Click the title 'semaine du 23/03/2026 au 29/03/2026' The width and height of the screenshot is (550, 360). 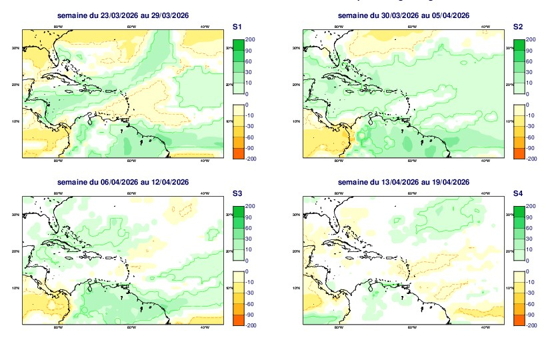point(123,15)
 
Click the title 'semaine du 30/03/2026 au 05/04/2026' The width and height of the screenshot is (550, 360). point(403,15)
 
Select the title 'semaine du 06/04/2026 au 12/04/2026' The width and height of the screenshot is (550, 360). point(123,183)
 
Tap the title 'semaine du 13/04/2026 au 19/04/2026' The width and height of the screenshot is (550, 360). point(403,183)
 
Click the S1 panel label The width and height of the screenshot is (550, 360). point(237,27)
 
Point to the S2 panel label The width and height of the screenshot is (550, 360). point(518,27)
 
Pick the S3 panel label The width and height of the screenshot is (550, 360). point(237,193)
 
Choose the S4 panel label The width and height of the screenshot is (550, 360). point(518,193)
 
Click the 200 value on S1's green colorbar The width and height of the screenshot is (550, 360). point(251,39)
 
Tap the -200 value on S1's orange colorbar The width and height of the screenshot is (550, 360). point(251,159)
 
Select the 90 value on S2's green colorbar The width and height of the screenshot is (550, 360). point(531,50)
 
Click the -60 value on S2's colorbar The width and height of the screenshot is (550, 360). point(531,137)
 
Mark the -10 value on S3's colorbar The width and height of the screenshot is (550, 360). point(251,282)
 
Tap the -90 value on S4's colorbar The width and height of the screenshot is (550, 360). point(531,315)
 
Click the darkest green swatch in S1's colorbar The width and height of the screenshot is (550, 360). point(237,45)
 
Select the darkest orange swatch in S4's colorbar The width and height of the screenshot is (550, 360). point(518,320)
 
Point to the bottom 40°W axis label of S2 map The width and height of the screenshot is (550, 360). point(485,161)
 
